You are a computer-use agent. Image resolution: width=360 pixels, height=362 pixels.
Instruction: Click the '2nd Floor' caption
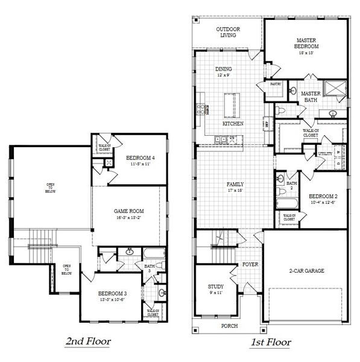point(88,341)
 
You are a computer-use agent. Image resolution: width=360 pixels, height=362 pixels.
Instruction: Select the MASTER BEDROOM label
point(306,43)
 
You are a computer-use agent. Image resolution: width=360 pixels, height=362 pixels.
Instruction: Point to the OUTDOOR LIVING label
point(228,32)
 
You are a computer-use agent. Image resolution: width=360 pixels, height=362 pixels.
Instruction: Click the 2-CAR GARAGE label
point(306,271)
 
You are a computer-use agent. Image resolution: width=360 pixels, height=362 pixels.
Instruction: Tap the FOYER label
point(250,264)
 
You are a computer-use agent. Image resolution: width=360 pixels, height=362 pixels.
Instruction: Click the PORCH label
point(229,326)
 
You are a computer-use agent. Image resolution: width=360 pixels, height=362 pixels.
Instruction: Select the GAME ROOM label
point(127,211)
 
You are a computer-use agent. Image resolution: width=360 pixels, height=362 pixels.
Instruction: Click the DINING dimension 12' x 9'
point(223,75)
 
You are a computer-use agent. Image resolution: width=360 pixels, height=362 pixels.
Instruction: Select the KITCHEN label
point(233,123)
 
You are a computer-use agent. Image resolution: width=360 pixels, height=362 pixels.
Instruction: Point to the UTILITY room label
point(325,153)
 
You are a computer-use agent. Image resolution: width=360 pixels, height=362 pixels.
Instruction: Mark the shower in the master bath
point(335,89)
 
